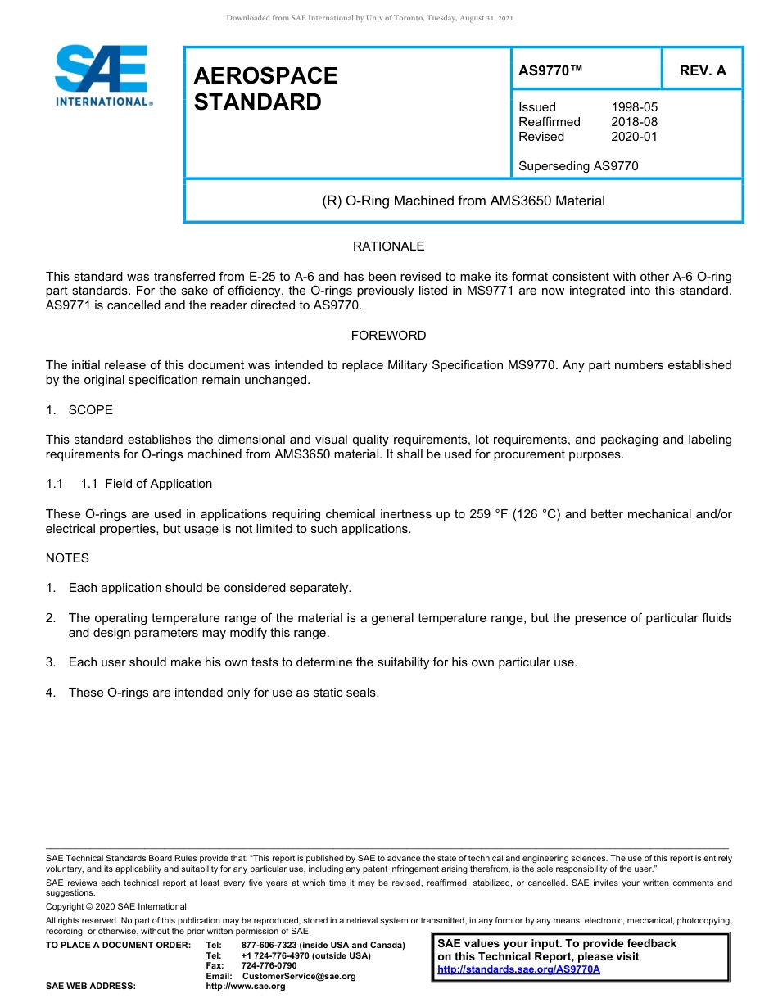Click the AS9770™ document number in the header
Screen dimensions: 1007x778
(x=550, y=70)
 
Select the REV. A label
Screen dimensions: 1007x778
(x=702, y=70)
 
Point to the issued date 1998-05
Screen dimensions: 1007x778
(x=634, y=107)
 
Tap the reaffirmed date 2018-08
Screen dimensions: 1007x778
(x=634, y=122)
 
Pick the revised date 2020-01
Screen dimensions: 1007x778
(x=634, y=137)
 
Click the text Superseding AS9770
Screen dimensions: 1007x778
(x=578, y=166)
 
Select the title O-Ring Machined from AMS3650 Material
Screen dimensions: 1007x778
(x=464, y=201)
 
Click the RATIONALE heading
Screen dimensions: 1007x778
(x=388, y=246)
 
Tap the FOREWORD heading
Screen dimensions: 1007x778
(x=388, y=336)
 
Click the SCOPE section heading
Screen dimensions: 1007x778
(x=90, y=410)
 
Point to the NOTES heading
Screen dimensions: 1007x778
(x=67, y=558)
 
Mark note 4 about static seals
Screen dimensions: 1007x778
(x=223, y=693)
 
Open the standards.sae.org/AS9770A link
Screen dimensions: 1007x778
(x=518, y=969)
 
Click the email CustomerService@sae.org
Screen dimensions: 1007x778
(x=299, y=976)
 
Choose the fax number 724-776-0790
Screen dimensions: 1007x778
(x=269, y=965)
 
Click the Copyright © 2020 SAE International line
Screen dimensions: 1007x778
(x=116, y=906)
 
